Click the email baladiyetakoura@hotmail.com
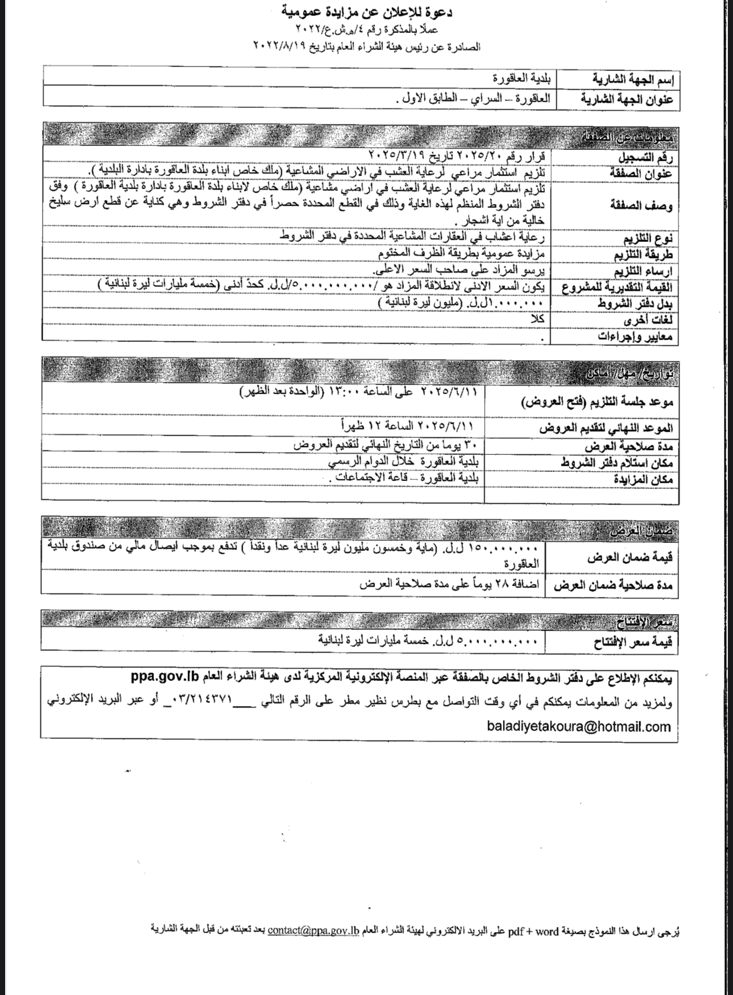coord(579,726)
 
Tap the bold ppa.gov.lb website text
coord(165,678)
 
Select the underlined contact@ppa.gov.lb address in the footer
coord(314,930)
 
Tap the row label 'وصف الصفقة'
coord(642,205)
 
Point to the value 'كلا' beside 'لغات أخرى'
coord(537,319)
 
